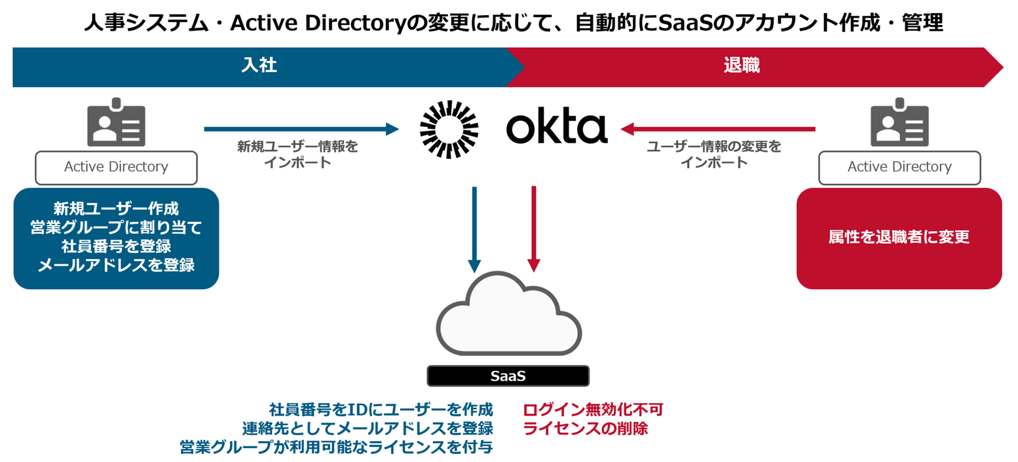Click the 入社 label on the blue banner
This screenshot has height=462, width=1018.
(259, 66)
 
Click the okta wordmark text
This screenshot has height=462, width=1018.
(556, 128)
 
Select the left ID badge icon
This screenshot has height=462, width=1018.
(116, 123)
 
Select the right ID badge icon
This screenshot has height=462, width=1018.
(899, 123)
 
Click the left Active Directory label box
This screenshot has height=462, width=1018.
(116, 167)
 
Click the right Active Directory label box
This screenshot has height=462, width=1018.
(899, 167)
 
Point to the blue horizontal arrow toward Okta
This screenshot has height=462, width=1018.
(301, 129)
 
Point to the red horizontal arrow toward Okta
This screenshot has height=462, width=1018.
(717, 129)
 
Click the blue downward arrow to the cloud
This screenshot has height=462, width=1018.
(474, 229)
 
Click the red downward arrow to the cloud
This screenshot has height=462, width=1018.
(534, 229)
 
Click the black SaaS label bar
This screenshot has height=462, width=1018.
(508, 376)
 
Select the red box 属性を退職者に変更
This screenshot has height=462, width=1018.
(899, 238)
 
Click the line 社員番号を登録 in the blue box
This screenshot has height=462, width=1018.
(116, 247)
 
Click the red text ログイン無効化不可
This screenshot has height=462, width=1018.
(593, 410)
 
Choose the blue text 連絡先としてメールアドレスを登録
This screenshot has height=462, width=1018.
(367, 429)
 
